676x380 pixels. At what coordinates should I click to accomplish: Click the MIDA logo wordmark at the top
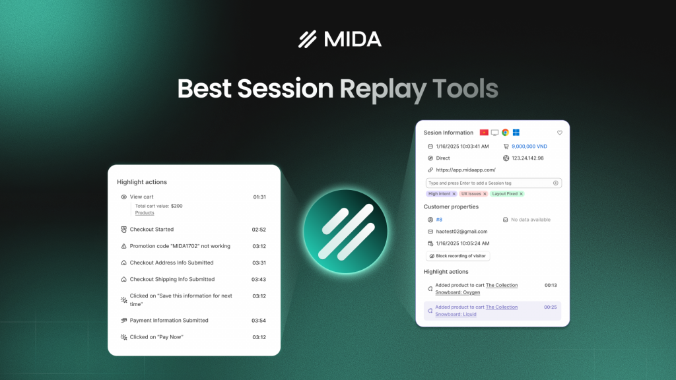(339, 39)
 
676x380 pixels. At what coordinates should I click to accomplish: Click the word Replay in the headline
(382, 89)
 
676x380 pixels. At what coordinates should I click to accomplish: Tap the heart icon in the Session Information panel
(560, 133)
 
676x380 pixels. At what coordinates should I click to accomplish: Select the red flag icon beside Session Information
(484, 133)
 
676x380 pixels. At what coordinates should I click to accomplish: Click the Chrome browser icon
(505, 133)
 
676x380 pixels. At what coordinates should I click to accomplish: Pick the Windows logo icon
(516, 133)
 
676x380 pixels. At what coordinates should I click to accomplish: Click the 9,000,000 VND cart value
(529, 146)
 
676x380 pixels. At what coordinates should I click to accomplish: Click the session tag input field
(489, 183)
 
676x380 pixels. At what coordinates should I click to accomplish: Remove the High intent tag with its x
(454, 194)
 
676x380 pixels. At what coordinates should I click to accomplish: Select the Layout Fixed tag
(505, 194)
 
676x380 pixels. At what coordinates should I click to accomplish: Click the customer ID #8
(440, 220)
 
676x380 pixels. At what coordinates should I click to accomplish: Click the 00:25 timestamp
(551, 307)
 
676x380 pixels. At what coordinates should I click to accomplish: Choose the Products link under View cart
(145, 213)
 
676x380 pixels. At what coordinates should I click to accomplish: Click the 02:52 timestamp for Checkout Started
(259, 230)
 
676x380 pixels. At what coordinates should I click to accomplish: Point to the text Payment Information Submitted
(169, 321)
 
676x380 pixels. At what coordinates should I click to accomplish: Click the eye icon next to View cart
(123, 197)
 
